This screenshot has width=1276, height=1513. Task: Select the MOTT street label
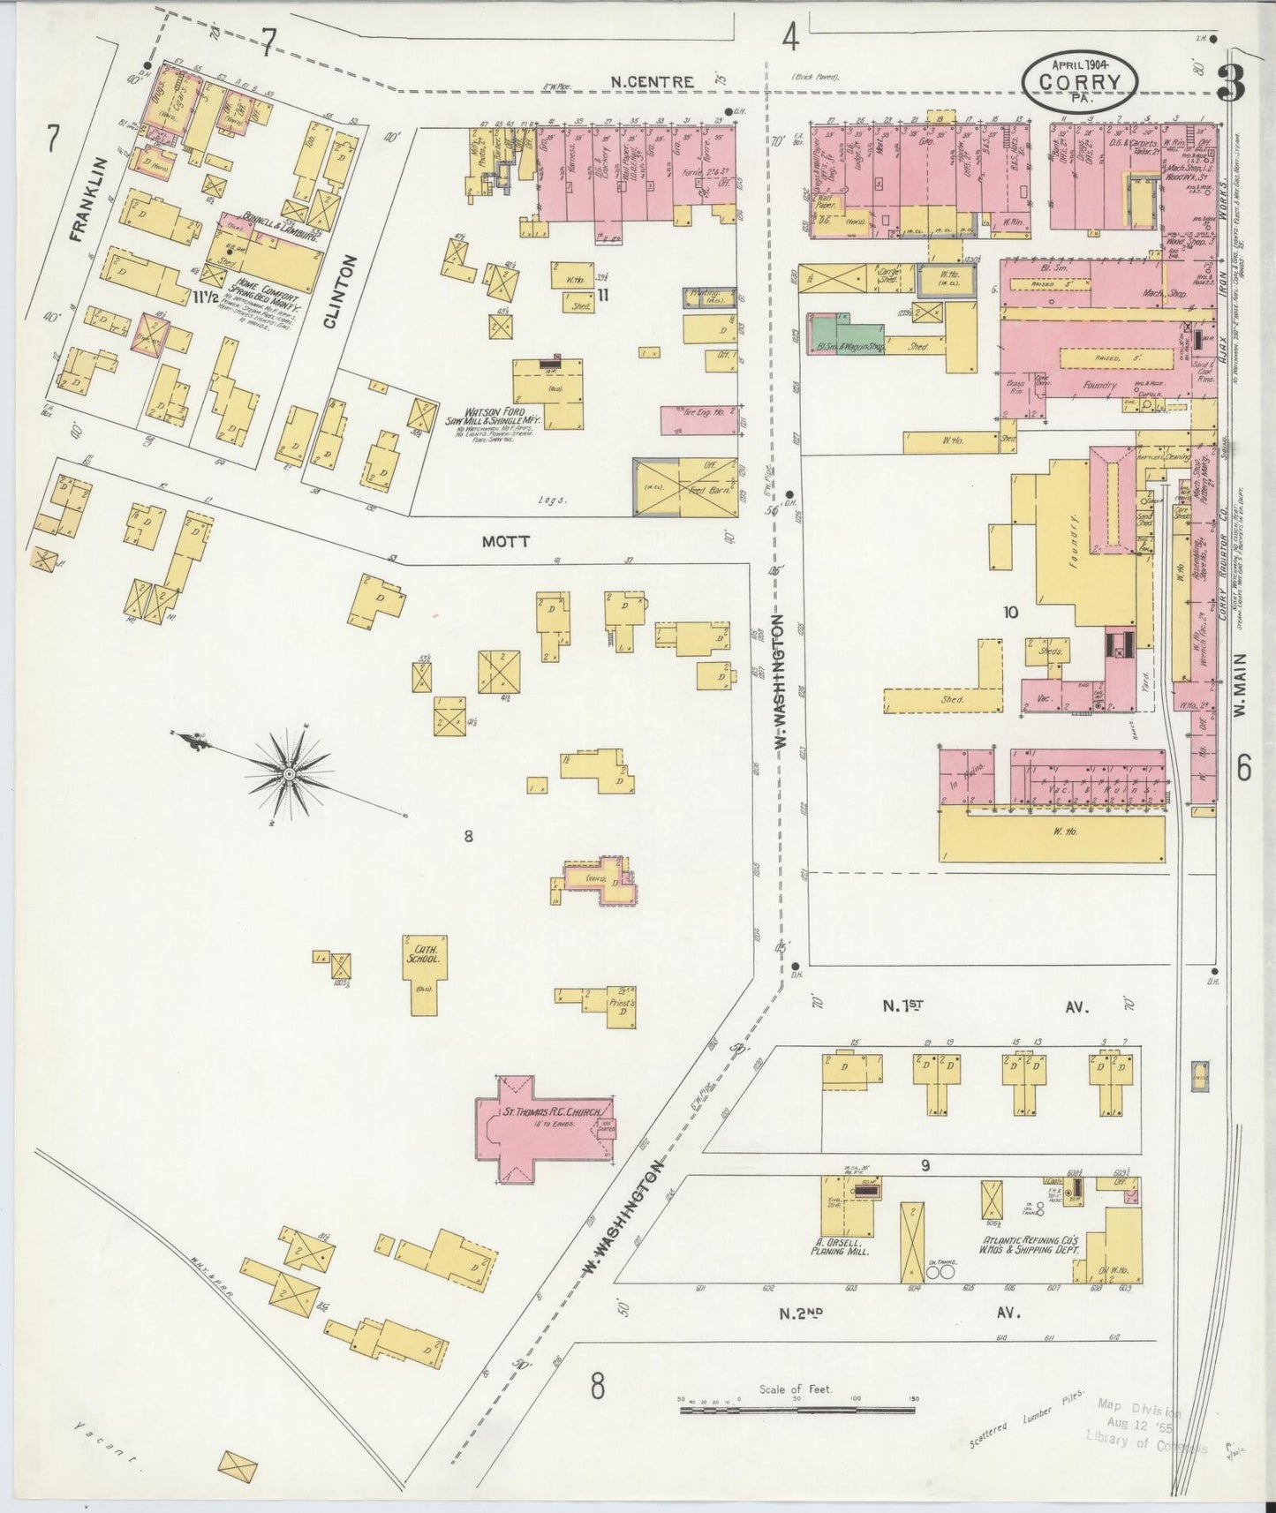507,541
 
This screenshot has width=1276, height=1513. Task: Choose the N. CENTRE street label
653,81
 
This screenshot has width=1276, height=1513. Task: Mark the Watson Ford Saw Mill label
495,422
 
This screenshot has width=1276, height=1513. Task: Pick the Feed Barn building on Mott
685,487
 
